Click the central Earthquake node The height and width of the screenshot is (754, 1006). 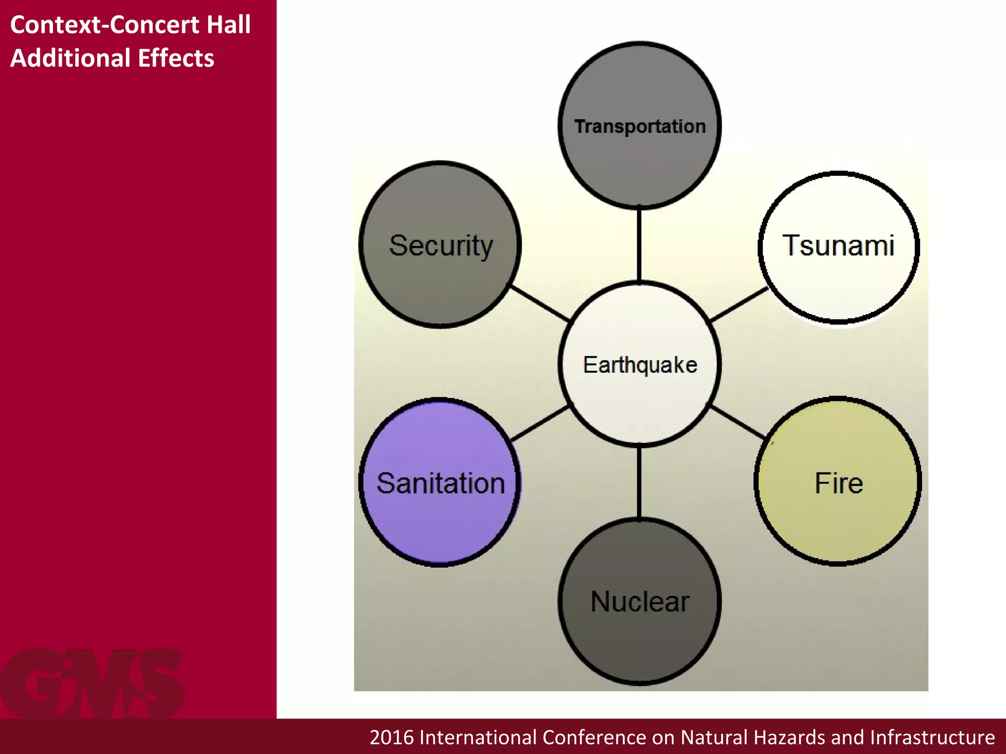(640, 364)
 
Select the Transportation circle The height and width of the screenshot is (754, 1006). (640, 126)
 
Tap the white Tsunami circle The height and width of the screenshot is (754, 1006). (839, 247)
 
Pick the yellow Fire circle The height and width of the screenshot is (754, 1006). (838, 482)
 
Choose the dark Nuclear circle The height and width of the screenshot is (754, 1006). (640, 601)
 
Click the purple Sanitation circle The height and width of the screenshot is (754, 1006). (440, 482)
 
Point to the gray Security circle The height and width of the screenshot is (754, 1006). (440, 244)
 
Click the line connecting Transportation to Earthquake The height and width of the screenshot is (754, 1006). (639, 245)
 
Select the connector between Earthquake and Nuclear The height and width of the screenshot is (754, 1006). (639, 482)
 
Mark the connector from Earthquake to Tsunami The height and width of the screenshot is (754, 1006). (739, 304)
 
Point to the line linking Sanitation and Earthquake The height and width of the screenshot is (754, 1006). (540, 423)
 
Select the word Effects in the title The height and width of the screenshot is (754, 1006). (176, 58)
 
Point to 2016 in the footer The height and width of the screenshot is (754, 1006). (391, 737)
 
